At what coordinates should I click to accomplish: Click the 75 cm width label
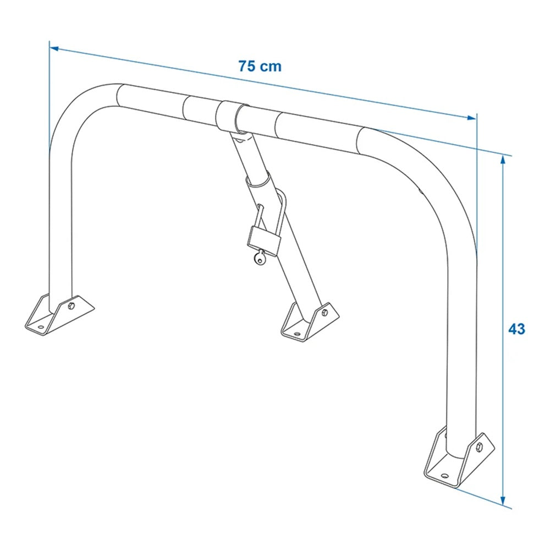pyautogui.click(x=260, y=67)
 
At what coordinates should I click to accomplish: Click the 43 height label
pyautogui.click(x=516, y=329)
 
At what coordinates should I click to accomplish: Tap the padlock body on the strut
pyautogui.click(x=263, y=237)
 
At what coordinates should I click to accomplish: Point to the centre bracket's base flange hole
pyautogui.click(x=296, y=333)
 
